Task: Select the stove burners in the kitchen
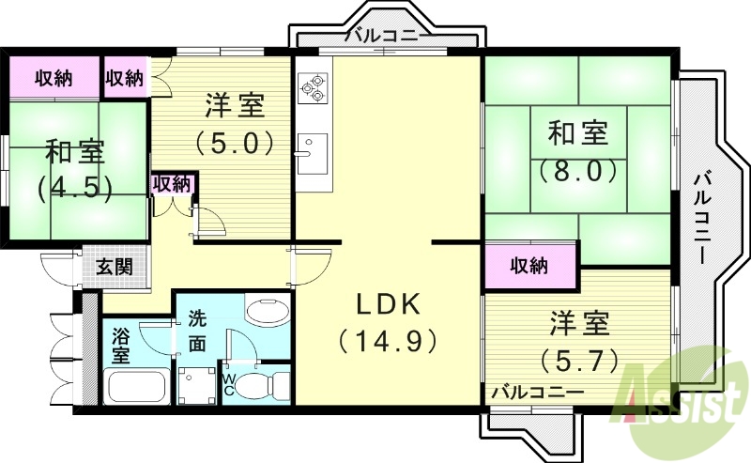(x=311, y=87)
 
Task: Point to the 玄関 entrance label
(x=115, y=266)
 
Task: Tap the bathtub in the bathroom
(x=137, y=385)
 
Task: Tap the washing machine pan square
(x=196, y=385)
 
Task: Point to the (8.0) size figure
(x=577, y=172)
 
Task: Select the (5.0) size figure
(x=235, y=143)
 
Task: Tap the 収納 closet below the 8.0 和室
(x=530, y=266)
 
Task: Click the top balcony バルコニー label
(x=388, y=37)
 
